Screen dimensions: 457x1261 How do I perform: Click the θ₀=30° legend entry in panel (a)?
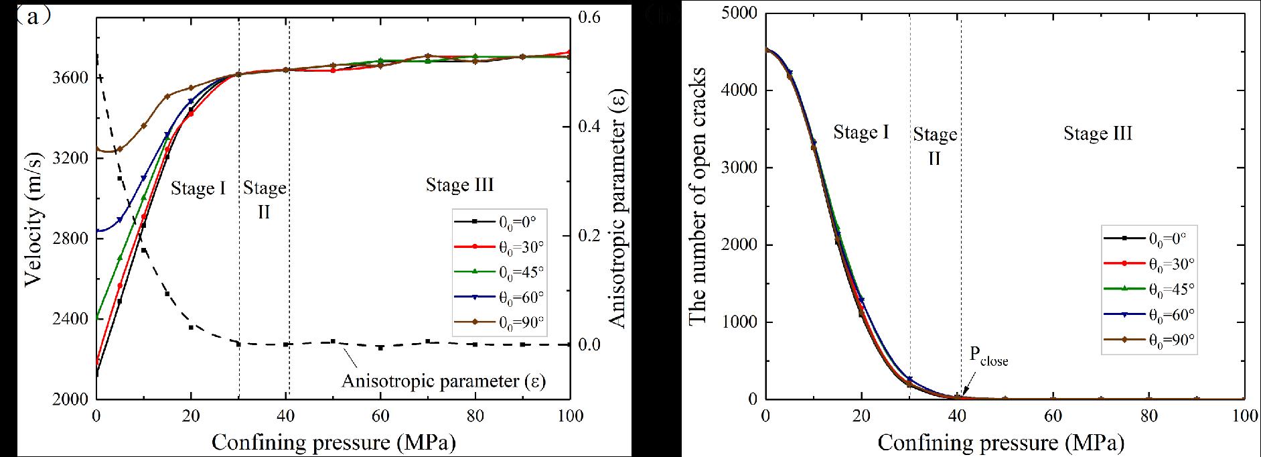pos(499,247)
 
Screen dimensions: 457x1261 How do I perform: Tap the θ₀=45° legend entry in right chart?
pos(1148,288)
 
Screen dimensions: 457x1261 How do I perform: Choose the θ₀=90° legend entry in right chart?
pos(1148,340)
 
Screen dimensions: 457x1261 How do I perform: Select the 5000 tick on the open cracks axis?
pos(737,13)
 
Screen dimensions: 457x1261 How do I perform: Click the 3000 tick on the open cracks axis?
pos(737,168)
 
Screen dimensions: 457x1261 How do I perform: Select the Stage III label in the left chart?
pos(459,185)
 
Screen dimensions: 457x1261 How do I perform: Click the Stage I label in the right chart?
pos(861,133)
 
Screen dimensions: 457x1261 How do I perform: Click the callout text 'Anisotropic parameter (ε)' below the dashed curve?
pos(443,381)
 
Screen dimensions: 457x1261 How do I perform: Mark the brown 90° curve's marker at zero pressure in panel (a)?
pos(98,149)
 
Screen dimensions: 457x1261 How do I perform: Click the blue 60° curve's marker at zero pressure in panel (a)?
pos(98,231)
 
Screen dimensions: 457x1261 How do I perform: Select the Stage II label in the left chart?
pos(265,199)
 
